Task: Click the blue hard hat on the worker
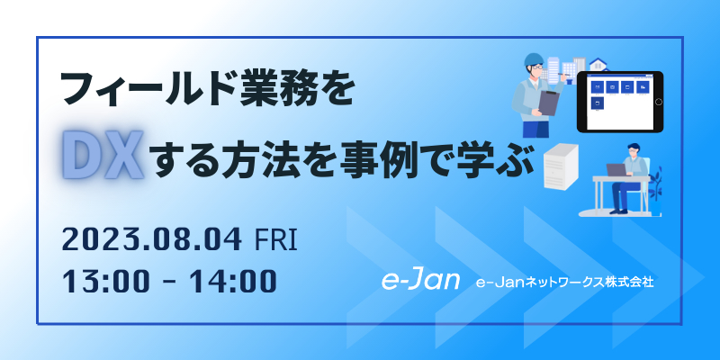tap(534, 59)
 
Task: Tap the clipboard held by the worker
tap(548, 103)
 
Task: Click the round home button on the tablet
tap(659, 102)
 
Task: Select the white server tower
tap(560, 166)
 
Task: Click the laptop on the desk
tap(616, 170)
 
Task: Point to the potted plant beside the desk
tap(656, 189)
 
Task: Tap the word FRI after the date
tap(275, 240)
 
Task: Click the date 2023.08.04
tap(152, 240)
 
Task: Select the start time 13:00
tap(104, 281)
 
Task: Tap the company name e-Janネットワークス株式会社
tap(565, 282)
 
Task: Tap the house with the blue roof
tap(598, 64)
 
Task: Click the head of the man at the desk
tap(634, 150)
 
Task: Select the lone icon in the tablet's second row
tap(598, 103)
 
